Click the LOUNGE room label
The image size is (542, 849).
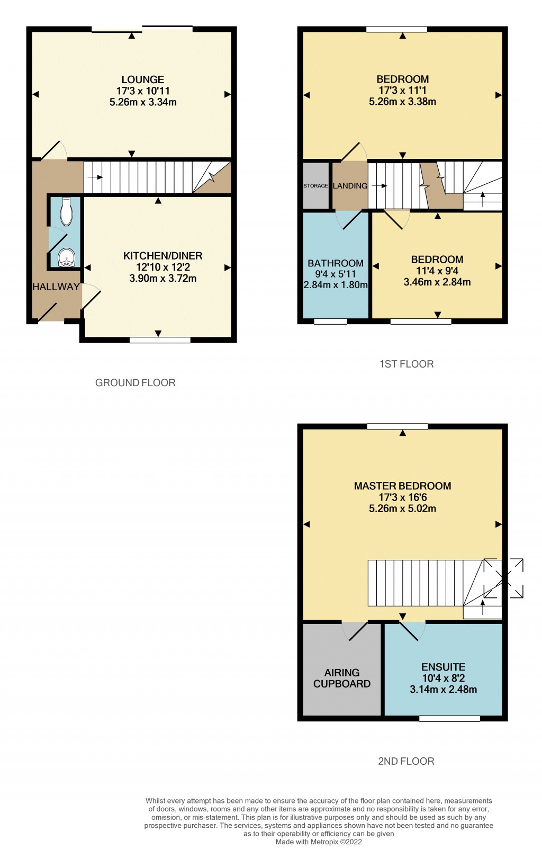tap(142, 79)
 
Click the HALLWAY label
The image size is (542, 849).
tap(56, 287)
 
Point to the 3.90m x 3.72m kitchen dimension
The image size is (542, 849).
tap(162, 278)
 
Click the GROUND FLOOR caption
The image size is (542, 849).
tap(135, 382)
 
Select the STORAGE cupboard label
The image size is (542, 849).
tap(315, 186)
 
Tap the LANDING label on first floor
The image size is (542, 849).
tap(350, 186)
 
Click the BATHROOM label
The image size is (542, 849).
tap(336, 263)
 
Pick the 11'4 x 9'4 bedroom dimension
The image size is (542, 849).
tap(437, 271)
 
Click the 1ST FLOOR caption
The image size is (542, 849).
tap(406, 364)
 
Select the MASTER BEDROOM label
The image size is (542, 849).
tap(402, 486)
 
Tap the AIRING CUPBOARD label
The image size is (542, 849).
tap(342, 678)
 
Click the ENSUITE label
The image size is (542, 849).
tap(443, 667)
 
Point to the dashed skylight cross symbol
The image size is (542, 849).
tap(503, 578)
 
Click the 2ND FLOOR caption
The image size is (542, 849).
tap(406, 761)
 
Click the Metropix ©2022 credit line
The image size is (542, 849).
tap(319, 842)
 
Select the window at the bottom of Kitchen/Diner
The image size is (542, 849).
tap(160, 340)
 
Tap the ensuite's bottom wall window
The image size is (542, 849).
tap(449, 719)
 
